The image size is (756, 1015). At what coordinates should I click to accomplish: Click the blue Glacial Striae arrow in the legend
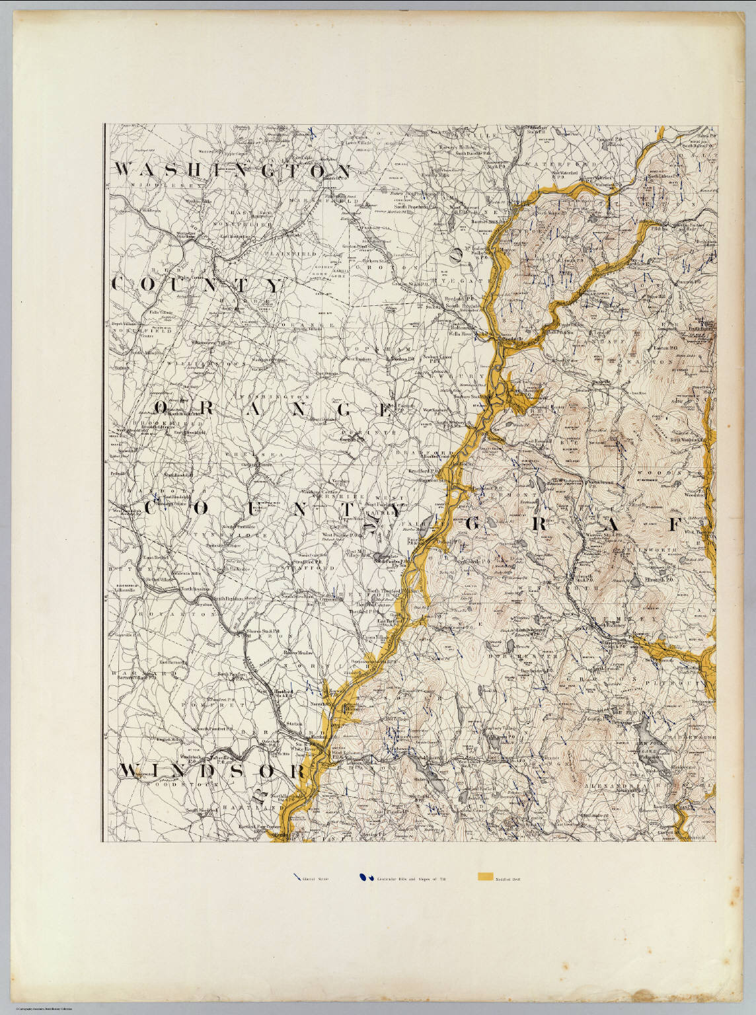297,878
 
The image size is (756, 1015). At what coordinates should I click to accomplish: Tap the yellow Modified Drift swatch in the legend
484,878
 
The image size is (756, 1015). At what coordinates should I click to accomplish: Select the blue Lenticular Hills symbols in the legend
363,878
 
